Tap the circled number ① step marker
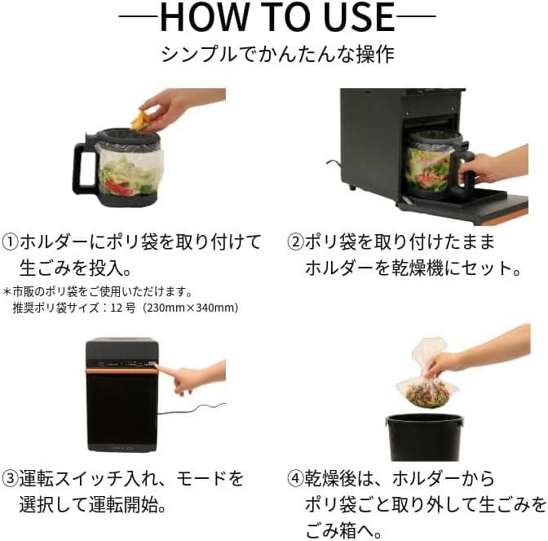click(10, 242)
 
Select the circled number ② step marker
click(295, 242)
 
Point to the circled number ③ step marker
click(10, 478)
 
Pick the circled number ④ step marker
click(295, 478)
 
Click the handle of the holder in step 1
click(84, 169)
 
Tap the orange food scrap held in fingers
click(139, 119)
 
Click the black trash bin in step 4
click(424, 437)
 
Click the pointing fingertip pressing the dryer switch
click(157, 367)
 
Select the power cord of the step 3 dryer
click(192, 410)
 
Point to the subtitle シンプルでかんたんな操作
click(277, 55)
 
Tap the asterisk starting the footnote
click(7, 291)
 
